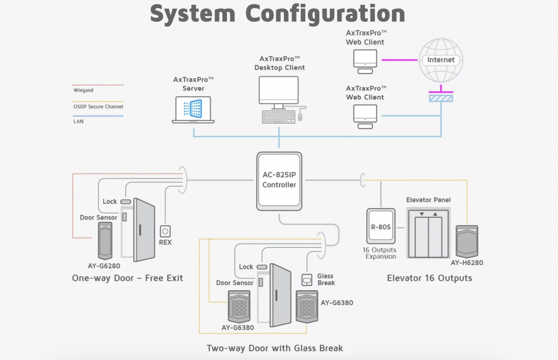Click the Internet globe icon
pyautogui.click(x=440, y=60)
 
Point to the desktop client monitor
pyautogui.click(x=278, y=90)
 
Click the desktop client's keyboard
pyautogui.click(x=278, y=117)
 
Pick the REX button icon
pyautogui.click(x=165, y=231)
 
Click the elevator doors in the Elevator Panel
pyautogui.click(x=428, y=235)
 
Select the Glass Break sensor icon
pyautogui.click(x=307, y=279)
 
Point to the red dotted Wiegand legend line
pyautogui.click(x=98, y=85)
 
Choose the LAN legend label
pyautogui.click(x=78, y=121)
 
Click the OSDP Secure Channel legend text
pyautogui.click(x=98, y=107)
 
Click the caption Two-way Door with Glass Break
pyautogui.click(x=275, y=348)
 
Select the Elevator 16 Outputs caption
pyautogui.click(x=429, y=278)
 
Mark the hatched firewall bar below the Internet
pyautogui.click(x=440, y=98)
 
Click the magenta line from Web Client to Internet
pyautogui.click(x=399, y=60)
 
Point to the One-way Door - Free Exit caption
pyautogui.click(x=128, y=278)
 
